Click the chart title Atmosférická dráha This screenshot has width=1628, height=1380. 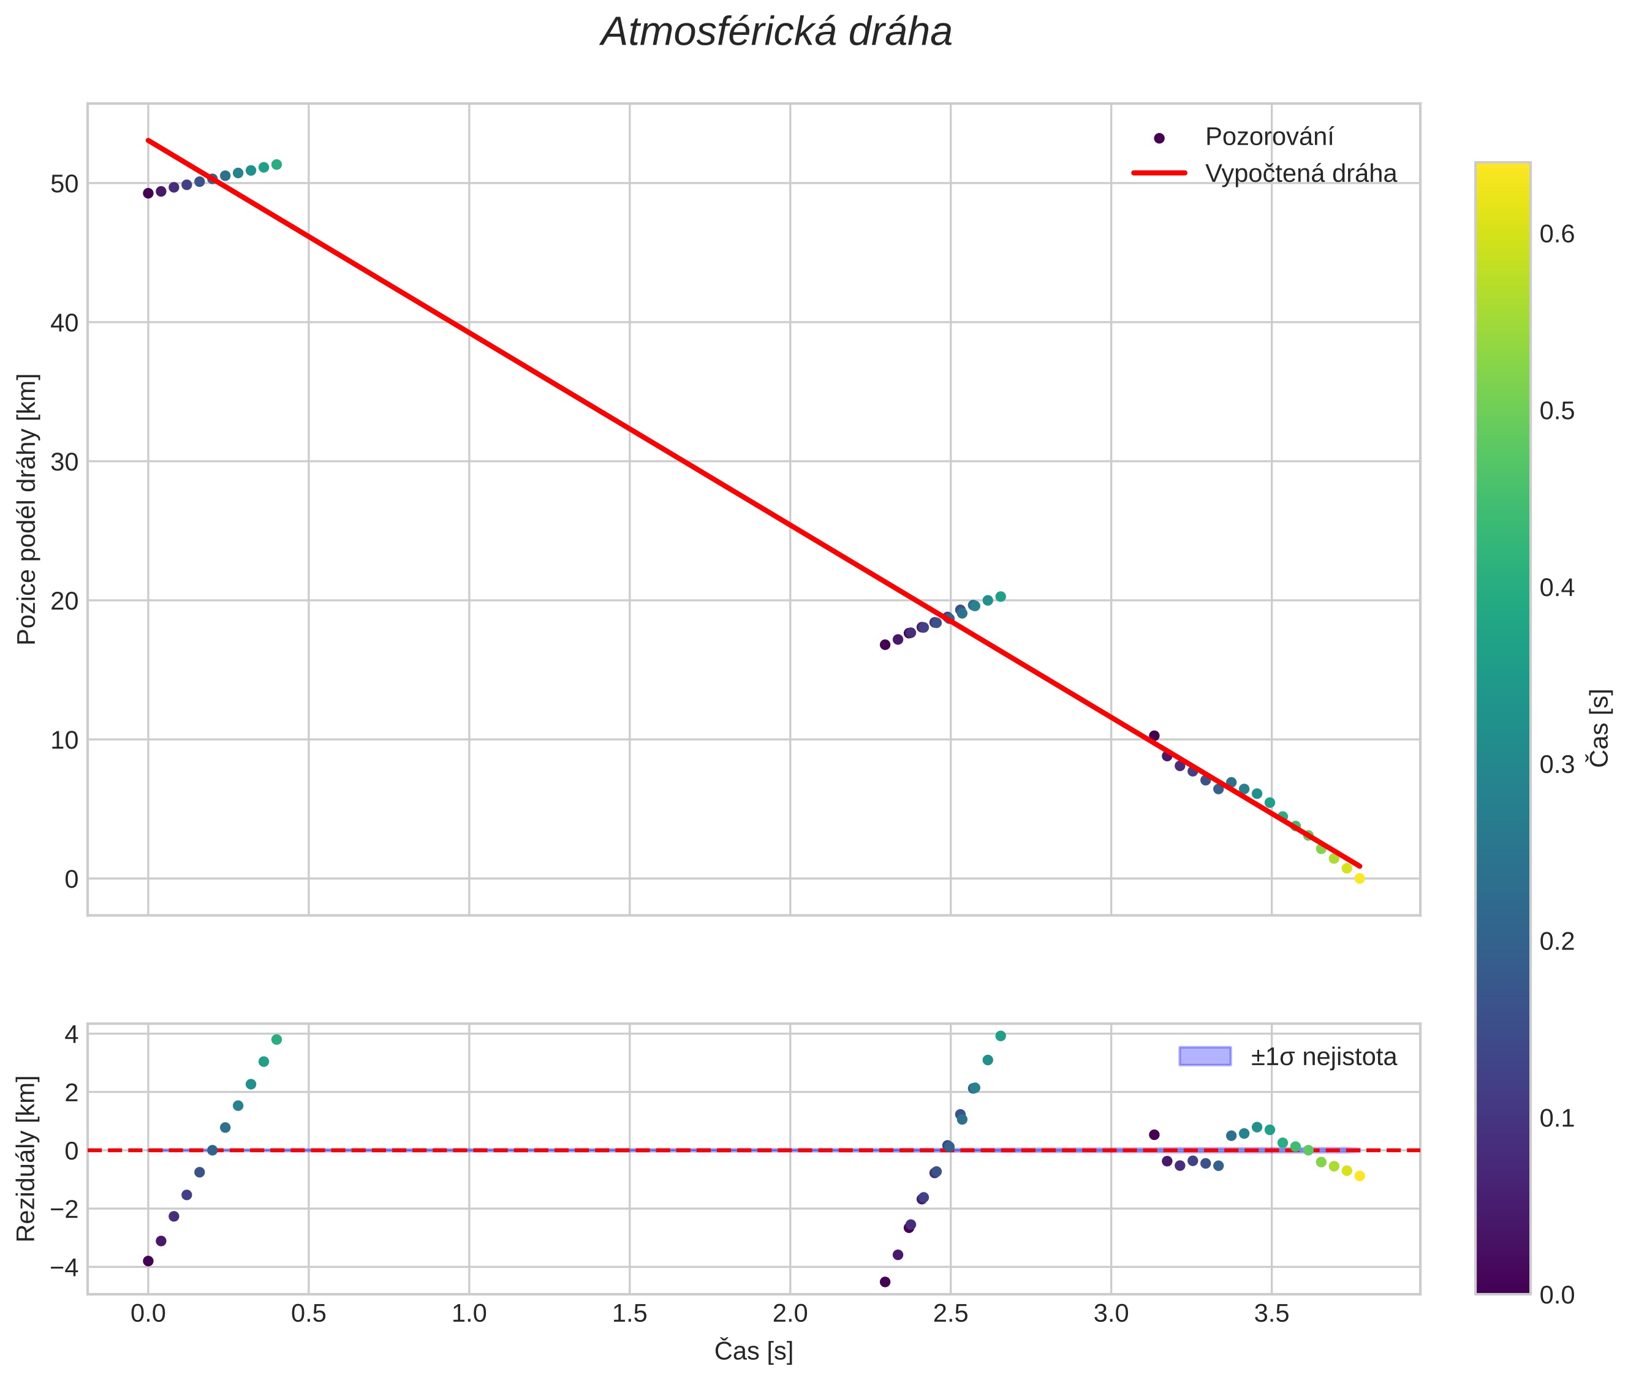(776, 33)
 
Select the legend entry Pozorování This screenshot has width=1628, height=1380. (1268, 137)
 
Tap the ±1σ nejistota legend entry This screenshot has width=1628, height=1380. (1323, 1057)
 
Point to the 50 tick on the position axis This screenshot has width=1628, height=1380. (65, 184)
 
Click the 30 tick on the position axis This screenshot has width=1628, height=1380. (65, 462)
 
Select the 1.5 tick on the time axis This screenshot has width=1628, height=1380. (629, 1313)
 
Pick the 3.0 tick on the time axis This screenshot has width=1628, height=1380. (1111, 1313)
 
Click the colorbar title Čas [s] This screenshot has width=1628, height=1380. (1600, 728)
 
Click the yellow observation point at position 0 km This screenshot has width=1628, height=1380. (1360, 878)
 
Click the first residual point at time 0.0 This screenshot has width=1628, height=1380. (148, 1261)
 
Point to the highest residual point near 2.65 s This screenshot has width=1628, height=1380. (1001, 1036)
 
